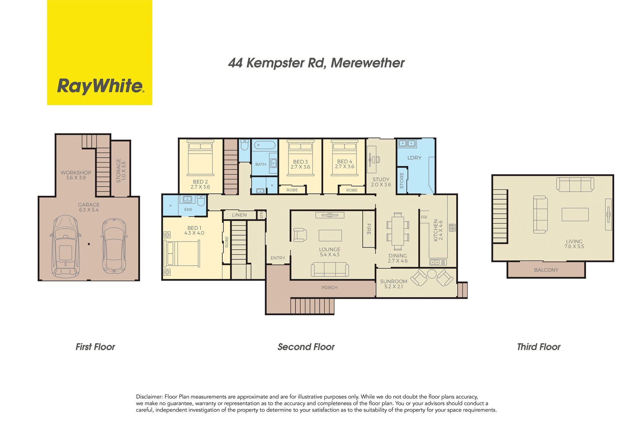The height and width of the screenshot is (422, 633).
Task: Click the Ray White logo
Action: (100, 53)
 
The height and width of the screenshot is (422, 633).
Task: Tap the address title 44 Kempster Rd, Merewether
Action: (316, 63)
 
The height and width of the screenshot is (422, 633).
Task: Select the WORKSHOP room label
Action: (76, 172)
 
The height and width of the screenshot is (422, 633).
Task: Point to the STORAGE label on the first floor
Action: (119, 171)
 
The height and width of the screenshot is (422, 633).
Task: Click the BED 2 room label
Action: (200, 182)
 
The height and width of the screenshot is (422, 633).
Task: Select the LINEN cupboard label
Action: (239, 215)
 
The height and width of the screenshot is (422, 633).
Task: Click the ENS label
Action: (188, 209)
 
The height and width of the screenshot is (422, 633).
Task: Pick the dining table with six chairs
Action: (398, 231)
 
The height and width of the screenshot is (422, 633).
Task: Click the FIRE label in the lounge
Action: (369, 229)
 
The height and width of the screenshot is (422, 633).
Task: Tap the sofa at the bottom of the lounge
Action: (330, 269)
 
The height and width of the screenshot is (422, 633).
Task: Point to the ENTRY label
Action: (278, 258)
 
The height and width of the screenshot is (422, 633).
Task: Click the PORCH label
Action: (329, 287)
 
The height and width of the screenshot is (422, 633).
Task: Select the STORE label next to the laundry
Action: (402, 180)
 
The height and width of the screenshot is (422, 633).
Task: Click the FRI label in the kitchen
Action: (424, 217)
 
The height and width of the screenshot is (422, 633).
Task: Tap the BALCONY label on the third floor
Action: (546, 270)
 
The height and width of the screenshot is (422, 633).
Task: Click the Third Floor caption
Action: (539, 347)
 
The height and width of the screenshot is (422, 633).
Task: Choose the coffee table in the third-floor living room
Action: (575, 214)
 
